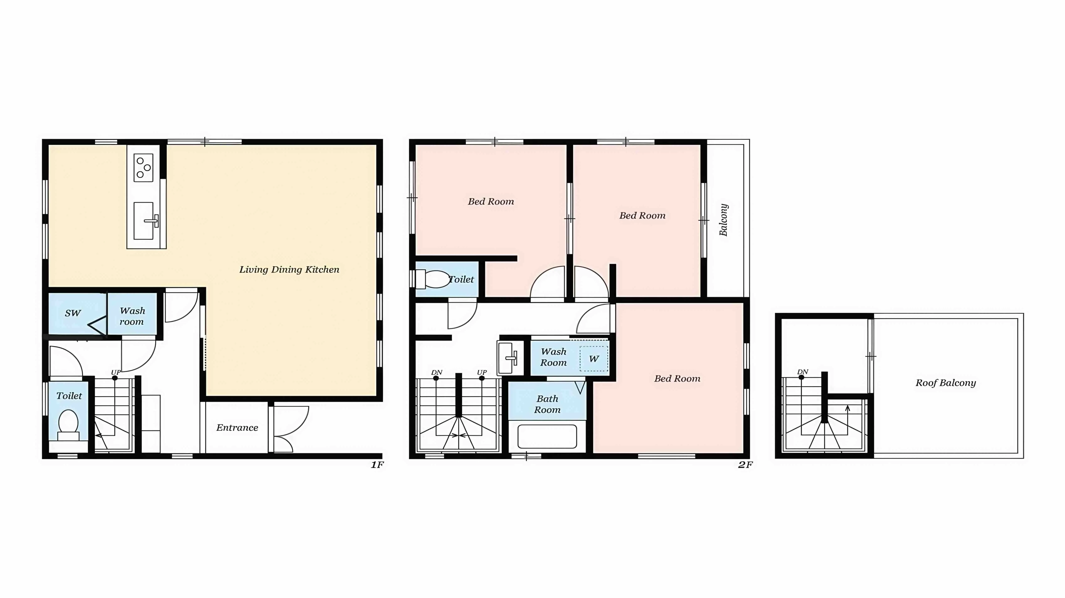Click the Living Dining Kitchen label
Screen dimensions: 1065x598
tap(289, 269)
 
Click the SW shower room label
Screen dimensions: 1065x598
tap(73, 313)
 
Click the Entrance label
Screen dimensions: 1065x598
tap(237, 428)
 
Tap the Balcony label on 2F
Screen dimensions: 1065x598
tap(723, 220)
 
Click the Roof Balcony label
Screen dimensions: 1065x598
tap(946, 383)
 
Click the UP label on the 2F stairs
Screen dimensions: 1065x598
tap(482, 372)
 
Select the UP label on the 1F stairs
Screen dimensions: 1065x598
tap(115, 372)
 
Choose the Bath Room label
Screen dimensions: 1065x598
tap(547, 404)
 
